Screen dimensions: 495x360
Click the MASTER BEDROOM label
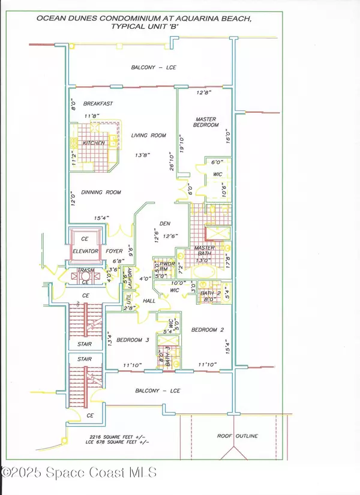[x=205, y=122]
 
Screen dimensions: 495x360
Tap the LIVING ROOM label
[x=148, y=136]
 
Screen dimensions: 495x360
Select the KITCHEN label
[x=94, y=143]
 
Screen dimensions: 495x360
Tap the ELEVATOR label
[x=86, y=251]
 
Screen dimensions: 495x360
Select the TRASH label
[x=86, y=270]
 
